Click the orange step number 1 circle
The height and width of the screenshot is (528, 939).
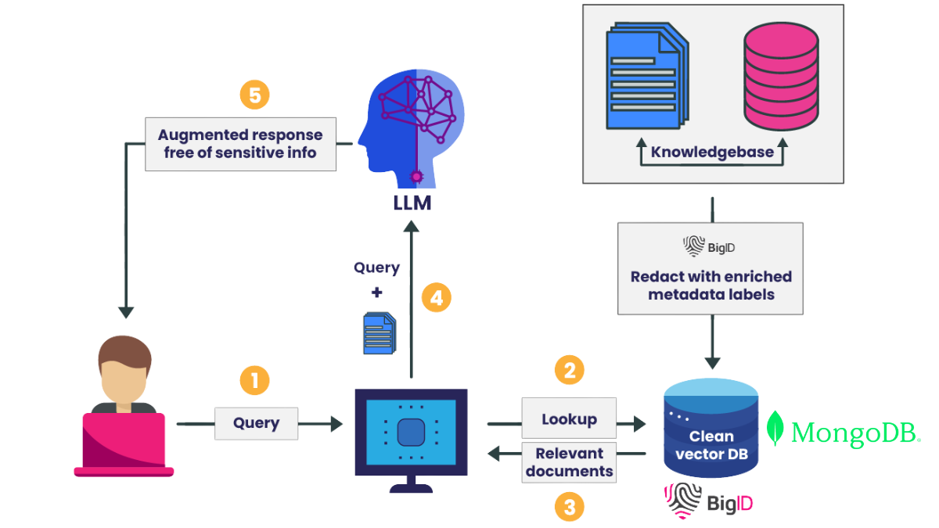tap(254, 381)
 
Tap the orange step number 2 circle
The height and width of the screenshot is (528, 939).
tap(570, 369)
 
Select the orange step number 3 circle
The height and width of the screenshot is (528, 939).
tap(570, 507)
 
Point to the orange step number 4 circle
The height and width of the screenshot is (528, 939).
tap(436, 298)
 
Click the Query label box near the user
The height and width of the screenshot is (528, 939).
tap(257, 423)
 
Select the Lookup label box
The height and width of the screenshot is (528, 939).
tap(569, 419)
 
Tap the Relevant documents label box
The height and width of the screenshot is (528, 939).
tap(569, 462)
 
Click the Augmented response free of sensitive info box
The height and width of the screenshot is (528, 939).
tap(241, 144)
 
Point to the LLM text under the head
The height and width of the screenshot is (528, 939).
tap(412, 203)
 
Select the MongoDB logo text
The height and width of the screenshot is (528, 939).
tap(854, 432)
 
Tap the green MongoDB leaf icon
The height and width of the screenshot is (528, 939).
tap(775, 429)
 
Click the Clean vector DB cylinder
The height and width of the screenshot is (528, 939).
tap(711, 428)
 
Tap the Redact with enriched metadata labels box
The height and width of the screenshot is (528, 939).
tap(711, 268)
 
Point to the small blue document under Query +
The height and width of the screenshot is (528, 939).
tap(379, 333)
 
